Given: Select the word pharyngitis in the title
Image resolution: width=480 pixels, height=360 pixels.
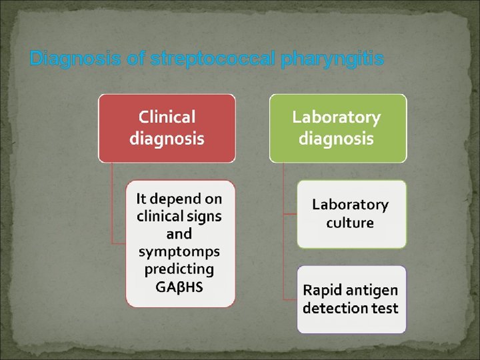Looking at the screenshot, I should tap(333, 59).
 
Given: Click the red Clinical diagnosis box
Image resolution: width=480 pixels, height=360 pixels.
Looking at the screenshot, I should tap(167, 128).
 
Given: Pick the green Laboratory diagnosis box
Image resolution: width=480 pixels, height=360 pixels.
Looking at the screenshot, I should tap(337, 128).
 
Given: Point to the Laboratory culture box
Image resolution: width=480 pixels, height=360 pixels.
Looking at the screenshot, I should tap(351, 214).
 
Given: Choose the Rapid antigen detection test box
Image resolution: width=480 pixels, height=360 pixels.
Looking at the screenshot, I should tap(351, 299).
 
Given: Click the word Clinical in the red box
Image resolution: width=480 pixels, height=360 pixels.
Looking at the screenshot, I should tap(167, 117).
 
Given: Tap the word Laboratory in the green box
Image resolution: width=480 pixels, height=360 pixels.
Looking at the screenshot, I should tap(337, 117).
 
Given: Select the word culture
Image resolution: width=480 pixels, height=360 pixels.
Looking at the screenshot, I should tap(350, 223).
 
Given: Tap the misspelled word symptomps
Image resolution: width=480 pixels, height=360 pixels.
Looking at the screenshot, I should tap(179, 252).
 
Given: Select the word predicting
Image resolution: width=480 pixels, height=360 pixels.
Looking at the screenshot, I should tap(179, 269).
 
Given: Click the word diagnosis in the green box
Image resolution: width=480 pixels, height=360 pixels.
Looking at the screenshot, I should tap(337, 139).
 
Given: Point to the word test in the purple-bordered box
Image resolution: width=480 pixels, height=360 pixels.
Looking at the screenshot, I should tap(385, 309).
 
